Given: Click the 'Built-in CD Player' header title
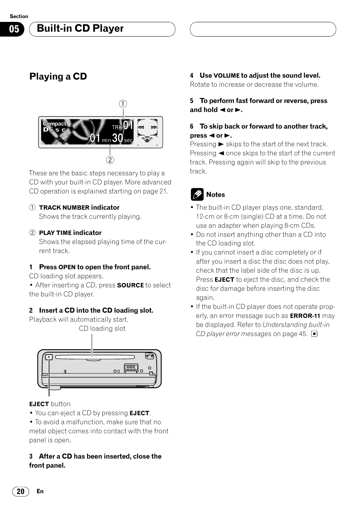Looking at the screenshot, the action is (x=80, y=29).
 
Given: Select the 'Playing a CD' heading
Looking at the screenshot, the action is (x=58, y=77).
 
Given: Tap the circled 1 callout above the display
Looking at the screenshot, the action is (x=123, y=104).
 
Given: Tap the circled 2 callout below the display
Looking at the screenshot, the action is (x=110, y=160).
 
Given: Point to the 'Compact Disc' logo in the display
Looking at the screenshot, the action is (x=55, y=126).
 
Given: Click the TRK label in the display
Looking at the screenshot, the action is (x=117, y=127).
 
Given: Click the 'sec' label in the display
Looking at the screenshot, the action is (x=128, y=140).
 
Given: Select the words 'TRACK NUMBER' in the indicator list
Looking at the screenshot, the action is (x=64, y=207).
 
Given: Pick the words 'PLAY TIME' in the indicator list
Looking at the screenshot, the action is (x=55, y=233).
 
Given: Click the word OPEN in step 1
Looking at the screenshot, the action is (x=67, y=267).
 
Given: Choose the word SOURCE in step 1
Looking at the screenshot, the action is (x=130, y=285).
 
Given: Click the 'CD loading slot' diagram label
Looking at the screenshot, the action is (x=102, y=328).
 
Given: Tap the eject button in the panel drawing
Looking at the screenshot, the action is (x=49, y=357).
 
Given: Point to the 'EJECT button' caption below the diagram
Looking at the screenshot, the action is (x=50, y=404).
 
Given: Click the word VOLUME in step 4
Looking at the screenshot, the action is (x=226, y=75).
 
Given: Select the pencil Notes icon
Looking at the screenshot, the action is (x=197, y=195).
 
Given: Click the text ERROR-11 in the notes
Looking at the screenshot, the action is (x=305, y=316).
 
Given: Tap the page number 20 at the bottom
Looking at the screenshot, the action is (x=20, y=491).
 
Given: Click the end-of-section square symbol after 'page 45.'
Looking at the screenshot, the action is (x=314, y=334).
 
